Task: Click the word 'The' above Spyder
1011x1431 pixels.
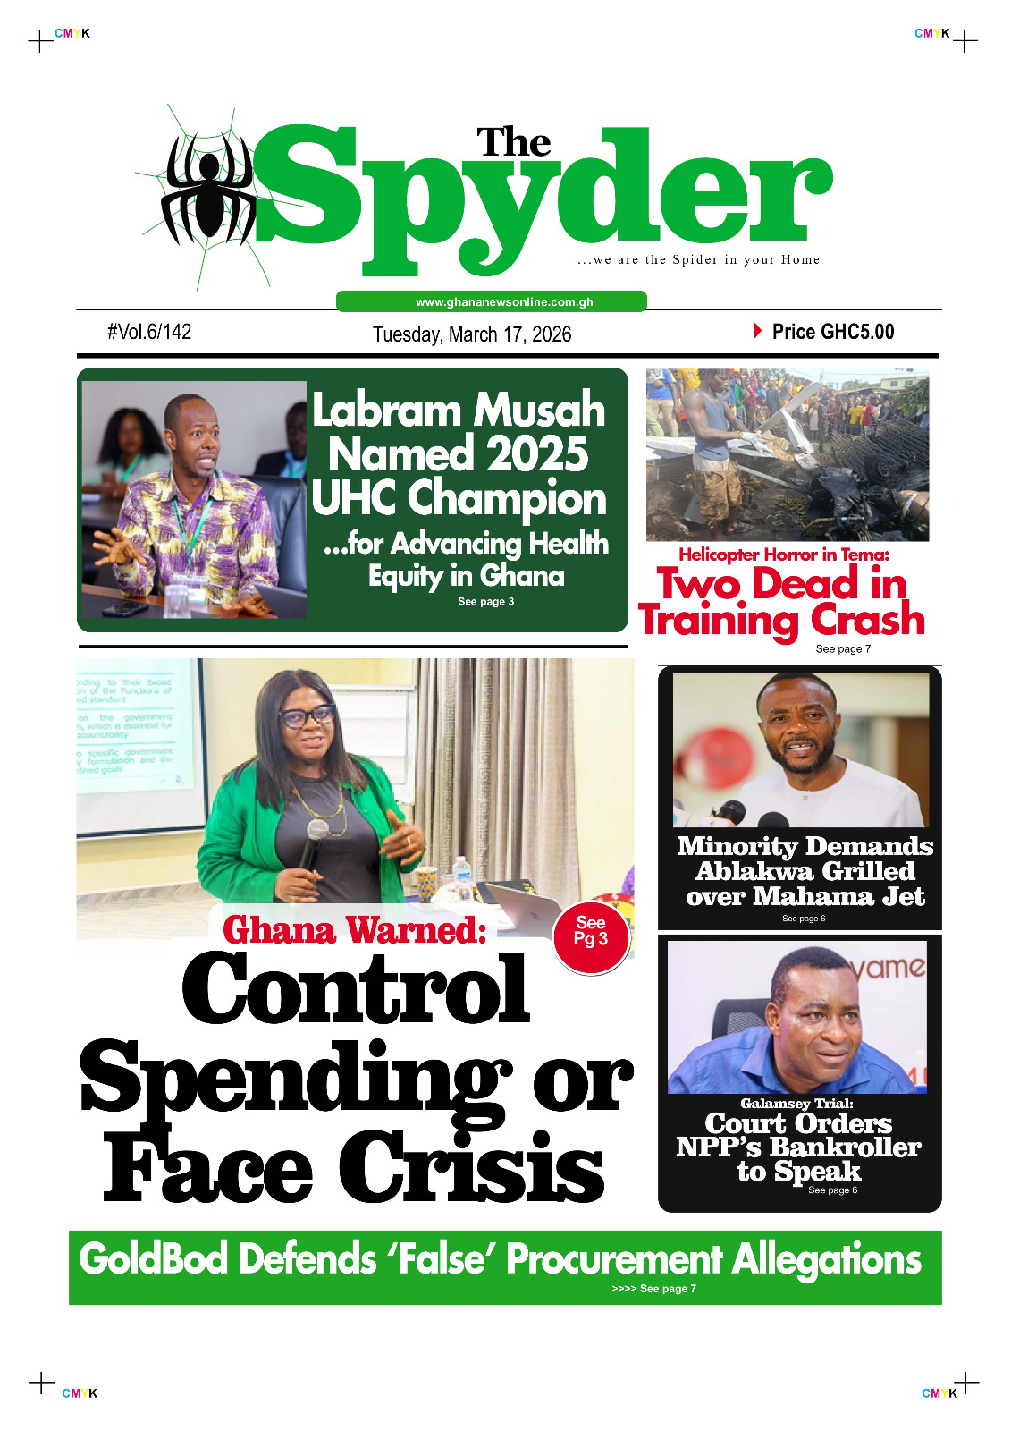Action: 513,143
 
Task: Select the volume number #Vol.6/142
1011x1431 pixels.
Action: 149,332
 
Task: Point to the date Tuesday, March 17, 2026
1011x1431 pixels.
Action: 472,334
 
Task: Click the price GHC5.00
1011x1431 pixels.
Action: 832,332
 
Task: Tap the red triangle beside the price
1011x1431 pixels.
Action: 758,331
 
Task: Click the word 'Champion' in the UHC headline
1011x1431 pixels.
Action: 507,498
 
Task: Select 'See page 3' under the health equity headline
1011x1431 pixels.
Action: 485,602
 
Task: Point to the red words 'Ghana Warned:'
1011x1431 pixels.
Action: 354,930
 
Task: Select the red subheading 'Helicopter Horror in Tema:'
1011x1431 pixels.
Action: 784,555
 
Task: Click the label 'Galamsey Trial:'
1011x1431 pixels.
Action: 796,1104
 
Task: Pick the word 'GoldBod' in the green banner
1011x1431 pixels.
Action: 153,1259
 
